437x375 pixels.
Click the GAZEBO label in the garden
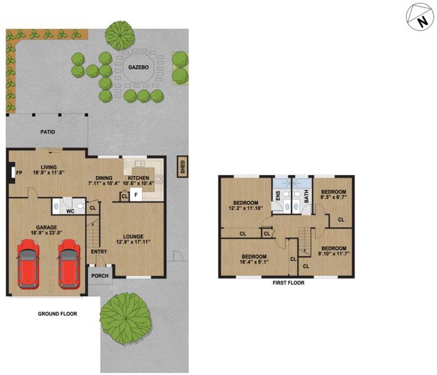click(139, 67)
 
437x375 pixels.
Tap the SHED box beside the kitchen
click(183, 167)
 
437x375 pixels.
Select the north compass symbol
click(420, 17)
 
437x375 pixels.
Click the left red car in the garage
click(28, 264)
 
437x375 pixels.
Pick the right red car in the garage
click(69, 264)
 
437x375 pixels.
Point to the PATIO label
click(48, 132)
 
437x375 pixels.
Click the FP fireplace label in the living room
click(19, 173)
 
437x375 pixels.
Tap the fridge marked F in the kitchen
click(136, 194)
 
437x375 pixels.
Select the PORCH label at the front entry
click(100, 276)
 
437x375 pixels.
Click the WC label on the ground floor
click(70, 211)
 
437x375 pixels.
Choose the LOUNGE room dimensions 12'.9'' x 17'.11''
click(133, 242)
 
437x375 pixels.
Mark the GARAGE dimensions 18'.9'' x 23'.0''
click(46, 232)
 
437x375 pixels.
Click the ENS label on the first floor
click(278, 196)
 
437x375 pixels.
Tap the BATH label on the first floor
click(306, 196)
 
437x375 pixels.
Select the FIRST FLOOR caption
click(288, 282)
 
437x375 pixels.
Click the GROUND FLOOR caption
click(58, 314)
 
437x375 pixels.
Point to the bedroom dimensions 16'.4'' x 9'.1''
click(254, 262)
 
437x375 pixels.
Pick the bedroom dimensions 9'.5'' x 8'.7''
click(334, 197)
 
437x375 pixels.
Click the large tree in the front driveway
click(126, 319)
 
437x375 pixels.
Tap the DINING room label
click(104, 177)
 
